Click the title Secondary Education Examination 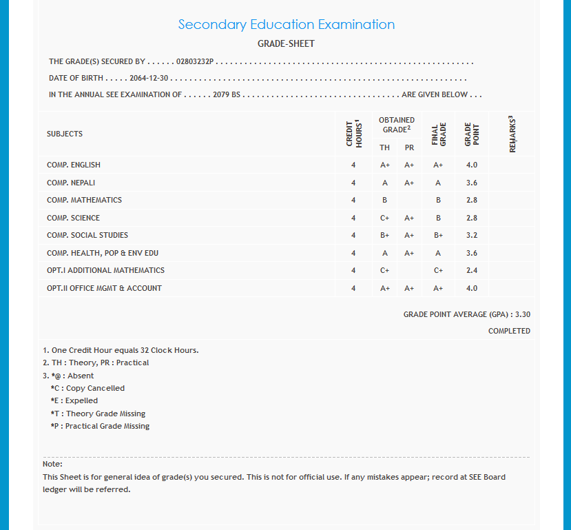(286, 25)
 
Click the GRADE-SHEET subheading (286, 43)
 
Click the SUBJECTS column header (65, 134)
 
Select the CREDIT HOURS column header (353, 134)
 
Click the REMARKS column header (512, 134)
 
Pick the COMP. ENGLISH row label (74, 165)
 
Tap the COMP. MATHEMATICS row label (84, 200)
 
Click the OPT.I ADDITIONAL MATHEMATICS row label (105, 270)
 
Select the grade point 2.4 (471, 271)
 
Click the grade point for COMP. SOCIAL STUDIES (471, 235)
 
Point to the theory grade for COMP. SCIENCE (384, 218)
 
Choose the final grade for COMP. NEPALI (438, 183)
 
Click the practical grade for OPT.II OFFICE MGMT (409, 288)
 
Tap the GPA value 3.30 (523, 314)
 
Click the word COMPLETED (509, 331)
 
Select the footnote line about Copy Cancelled (87, 388)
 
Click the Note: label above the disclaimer (52, 464)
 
